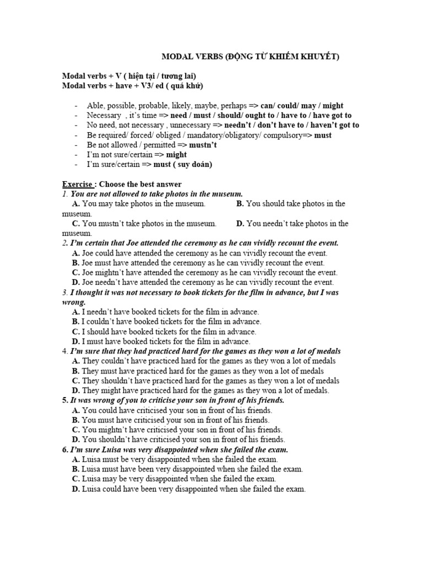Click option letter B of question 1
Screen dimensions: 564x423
(x=240, y=204)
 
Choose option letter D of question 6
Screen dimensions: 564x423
(x=76, y=489)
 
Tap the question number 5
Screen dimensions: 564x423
(x=64, y=400)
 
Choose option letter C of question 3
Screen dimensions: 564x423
(x=76, y=332)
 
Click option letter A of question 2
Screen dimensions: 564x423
(x=76, y=253)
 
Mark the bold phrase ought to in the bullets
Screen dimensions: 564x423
(x=262, y=116)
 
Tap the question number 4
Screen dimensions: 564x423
(x=64, y=351)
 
